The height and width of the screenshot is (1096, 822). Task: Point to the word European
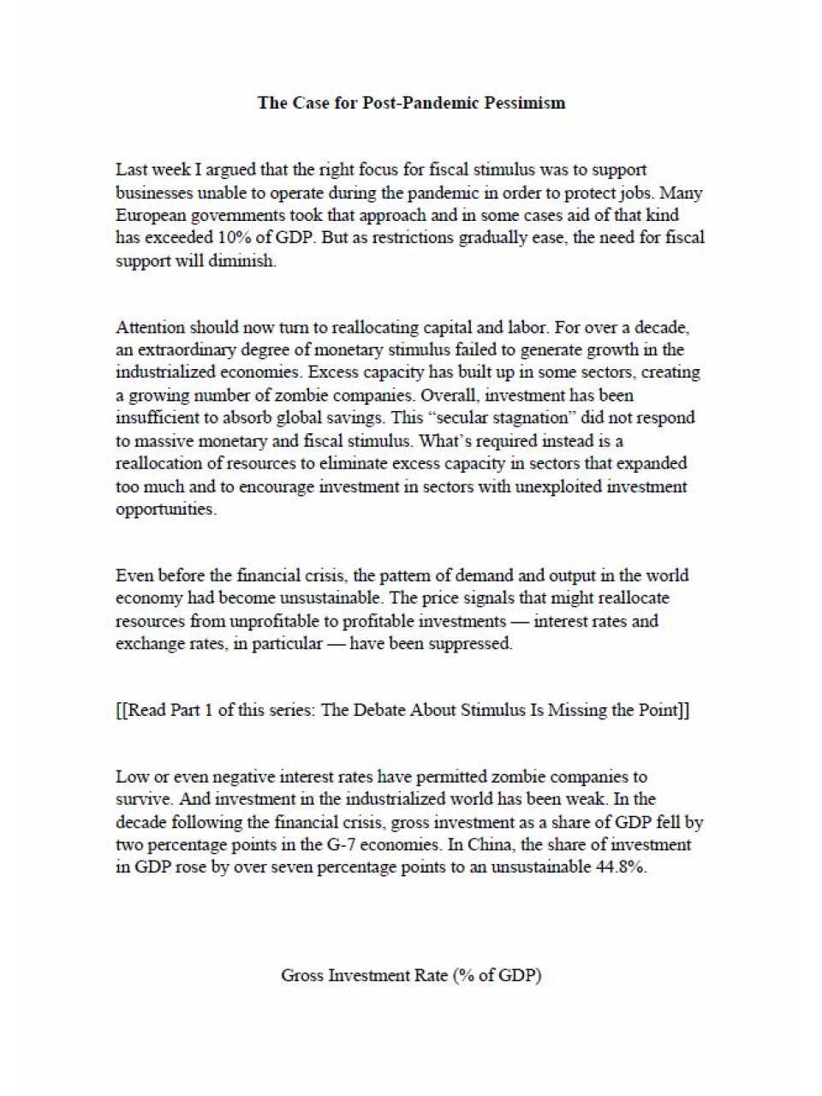[x=152, y=216]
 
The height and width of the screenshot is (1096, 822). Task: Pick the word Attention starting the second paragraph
[x=150, y=328]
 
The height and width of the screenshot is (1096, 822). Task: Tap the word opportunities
[x=165, y=509]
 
